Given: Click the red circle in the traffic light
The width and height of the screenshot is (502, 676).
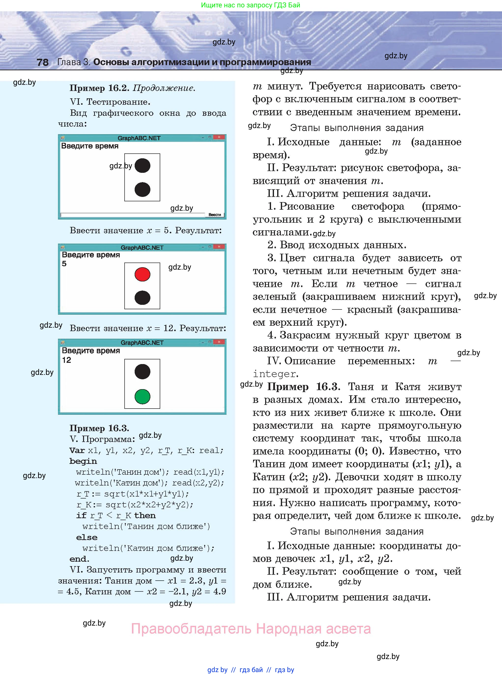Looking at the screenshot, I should [142, 274].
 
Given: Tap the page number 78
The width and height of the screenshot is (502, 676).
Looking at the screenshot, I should [43, 62].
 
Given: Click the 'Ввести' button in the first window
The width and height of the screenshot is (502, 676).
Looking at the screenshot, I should [215, 215].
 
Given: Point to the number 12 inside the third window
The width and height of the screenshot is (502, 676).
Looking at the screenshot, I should [67, 360].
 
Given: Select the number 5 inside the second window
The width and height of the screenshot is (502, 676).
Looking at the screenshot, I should [64, 264].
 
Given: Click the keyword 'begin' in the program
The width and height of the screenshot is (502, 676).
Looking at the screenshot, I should [83, 461].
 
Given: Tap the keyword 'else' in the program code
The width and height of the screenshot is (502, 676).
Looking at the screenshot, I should [86, 537].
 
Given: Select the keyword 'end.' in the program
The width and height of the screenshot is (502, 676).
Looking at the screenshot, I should [79, 559].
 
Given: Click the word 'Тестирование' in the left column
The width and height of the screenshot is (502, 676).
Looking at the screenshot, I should [118, 102].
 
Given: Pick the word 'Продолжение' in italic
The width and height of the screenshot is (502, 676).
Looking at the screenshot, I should [164, 88].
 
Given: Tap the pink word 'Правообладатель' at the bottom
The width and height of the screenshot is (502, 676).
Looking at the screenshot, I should [191, 629].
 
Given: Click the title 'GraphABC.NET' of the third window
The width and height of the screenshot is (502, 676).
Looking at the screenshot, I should [142, 343].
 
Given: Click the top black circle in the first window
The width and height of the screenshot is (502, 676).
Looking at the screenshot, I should [142, 166].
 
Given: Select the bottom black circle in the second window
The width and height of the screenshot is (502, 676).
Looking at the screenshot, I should [142, 298].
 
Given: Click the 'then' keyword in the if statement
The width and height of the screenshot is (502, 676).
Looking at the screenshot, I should [145, 515].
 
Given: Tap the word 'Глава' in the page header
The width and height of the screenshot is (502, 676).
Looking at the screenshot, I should [69, 62].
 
